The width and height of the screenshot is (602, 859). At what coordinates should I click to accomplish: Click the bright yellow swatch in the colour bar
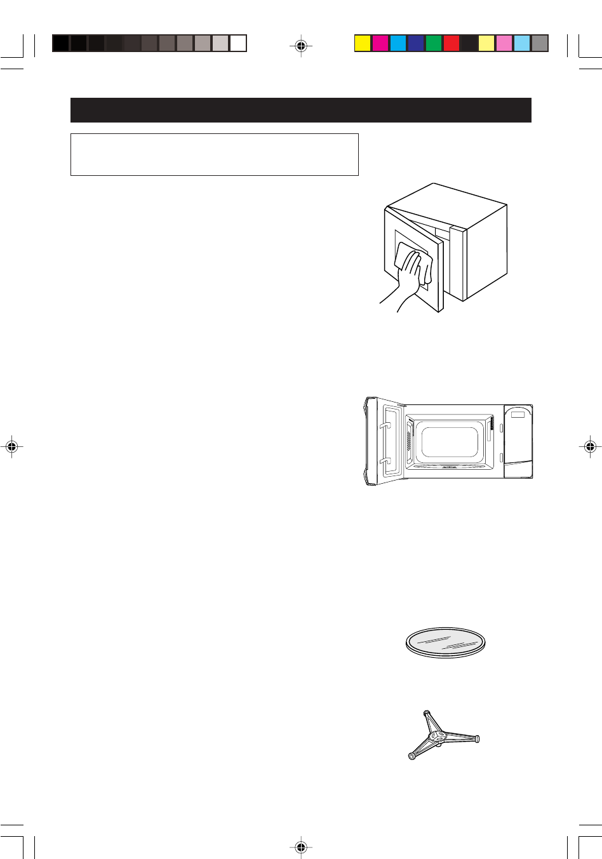[362, 43]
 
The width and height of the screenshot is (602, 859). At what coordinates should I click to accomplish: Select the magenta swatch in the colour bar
[380, 43]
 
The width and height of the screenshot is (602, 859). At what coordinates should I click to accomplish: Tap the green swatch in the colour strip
[433, 43]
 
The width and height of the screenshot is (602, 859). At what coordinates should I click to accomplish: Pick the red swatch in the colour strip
[451, 43]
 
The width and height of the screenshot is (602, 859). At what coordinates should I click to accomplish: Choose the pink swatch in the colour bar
[504, 43]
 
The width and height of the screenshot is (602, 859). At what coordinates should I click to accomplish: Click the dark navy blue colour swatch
[415, 43]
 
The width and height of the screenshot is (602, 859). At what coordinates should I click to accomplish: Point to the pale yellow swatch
[486, 43]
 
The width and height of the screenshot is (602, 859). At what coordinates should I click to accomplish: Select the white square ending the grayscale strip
[238, 43]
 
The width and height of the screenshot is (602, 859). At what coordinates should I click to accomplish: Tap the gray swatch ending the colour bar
[540, 43]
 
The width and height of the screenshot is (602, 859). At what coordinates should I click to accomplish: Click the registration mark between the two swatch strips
[301, 45]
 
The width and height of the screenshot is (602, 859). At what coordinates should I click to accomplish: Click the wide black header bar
[300, 110]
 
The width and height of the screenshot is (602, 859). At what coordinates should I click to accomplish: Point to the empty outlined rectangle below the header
[214, 154]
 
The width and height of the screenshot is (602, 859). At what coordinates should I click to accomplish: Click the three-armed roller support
[442, 736]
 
